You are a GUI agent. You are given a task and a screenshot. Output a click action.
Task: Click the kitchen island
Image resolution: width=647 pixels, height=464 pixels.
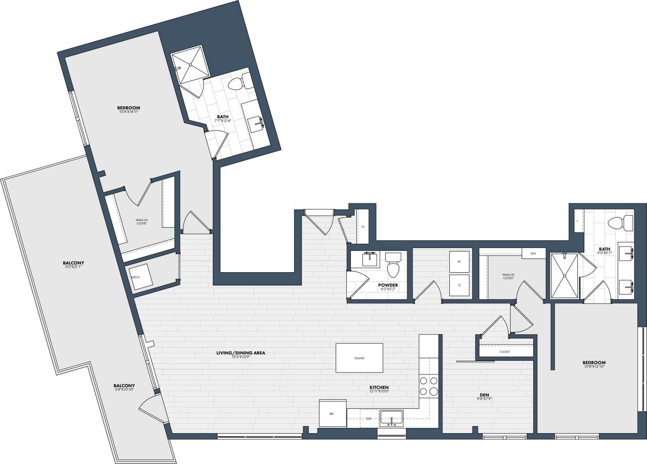(x=359, y=358)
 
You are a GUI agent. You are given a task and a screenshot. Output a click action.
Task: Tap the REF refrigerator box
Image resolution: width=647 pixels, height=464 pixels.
(x=332, y=414)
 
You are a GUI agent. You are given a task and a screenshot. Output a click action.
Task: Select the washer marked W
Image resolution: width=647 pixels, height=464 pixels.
(x=459, y=262)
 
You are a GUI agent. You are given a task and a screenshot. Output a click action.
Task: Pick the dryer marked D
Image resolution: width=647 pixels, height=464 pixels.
(x=459, y=285)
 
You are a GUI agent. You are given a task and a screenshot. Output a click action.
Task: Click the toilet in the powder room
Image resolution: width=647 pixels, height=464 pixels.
(x=393, y=265)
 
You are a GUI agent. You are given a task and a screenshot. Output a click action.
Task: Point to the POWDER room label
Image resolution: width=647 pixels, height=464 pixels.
(x=388, y=285)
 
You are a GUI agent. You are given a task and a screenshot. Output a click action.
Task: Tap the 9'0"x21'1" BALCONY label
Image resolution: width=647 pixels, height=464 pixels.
(x=73, y=263)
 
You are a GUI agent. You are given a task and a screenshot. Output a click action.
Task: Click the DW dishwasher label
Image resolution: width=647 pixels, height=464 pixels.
(x=369, y=419)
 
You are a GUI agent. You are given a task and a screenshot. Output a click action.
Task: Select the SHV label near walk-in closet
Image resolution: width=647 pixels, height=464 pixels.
(x=533, y=253)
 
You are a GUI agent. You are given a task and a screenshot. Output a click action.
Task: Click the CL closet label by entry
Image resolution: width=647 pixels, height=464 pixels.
(x=363, y=227)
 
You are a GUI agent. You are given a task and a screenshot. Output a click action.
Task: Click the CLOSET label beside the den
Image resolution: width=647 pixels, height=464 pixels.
(x=504, y=352)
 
